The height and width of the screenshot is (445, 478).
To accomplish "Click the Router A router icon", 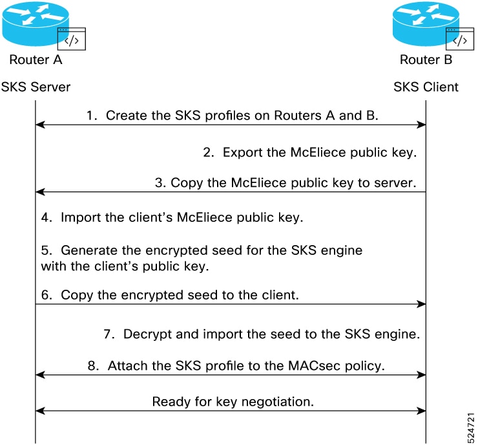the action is point(36,24).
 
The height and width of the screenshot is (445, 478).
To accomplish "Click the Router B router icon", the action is point(426,24).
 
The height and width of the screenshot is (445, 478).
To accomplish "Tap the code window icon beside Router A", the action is point(72,39).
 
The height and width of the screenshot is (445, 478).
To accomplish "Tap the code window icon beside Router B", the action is point(460,39).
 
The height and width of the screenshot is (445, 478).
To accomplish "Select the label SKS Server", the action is point(36,87).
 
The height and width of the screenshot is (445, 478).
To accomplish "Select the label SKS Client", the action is point(426,87).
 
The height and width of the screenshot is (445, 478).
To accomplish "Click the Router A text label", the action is point(36,60).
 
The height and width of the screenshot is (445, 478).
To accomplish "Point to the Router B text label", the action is point(426,60).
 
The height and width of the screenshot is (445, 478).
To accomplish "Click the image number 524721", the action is point(471,428).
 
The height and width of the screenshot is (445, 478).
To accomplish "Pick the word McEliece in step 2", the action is point(318,152).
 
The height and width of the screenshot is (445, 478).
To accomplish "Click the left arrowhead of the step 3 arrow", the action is point(40,192).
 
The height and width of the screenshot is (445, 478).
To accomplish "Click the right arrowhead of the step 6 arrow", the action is point(421,304).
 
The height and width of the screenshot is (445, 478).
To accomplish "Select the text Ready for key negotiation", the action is point(233,402).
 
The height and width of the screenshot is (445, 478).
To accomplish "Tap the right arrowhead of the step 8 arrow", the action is point(421,374).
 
